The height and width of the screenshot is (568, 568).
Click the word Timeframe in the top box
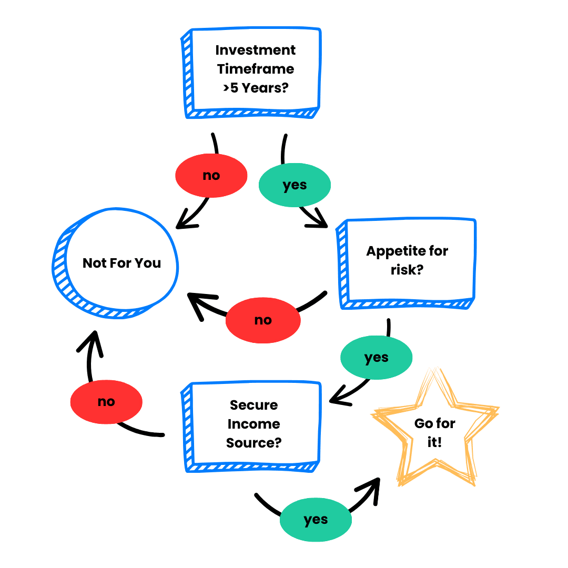pos(256,69)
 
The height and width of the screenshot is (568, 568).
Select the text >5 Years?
pos(256,88)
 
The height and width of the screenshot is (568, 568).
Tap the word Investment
pos(256,50)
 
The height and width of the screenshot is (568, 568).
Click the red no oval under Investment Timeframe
pos(211,176)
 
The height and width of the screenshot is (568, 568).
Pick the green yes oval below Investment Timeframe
pos(295,185)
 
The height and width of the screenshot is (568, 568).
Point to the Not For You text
pos(121,263)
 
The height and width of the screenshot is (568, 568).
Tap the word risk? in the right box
pos(407,270)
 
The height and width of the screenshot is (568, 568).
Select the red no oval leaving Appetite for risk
pos(263,320)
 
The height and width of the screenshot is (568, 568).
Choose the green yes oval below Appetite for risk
pos(376,358)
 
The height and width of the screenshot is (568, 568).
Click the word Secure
pos(253,405)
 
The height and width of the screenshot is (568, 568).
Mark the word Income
pos(253,424)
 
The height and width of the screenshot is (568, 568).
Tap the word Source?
pos(253,443)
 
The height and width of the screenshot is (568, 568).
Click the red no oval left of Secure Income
pos(106,402)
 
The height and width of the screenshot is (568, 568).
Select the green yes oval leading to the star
pos(316,520)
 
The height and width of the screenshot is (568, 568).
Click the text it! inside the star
pos(434,442)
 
